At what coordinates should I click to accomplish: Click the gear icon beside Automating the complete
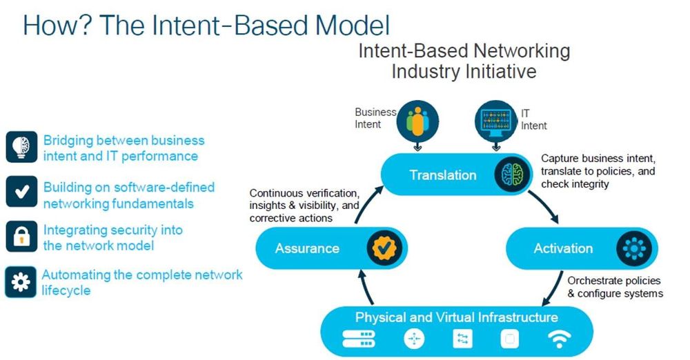(x=20, y=281)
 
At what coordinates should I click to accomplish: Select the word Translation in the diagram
(x=443, y=175)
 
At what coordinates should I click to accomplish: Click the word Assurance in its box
(x=307, y=248)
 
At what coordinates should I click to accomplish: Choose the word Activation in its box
(x=563, y=248)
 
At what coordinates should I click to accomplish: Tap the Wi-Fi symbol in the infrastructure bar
(x=559, y=339)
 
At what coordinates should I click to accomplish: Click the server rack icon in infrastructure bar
(x=358, y=339)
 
